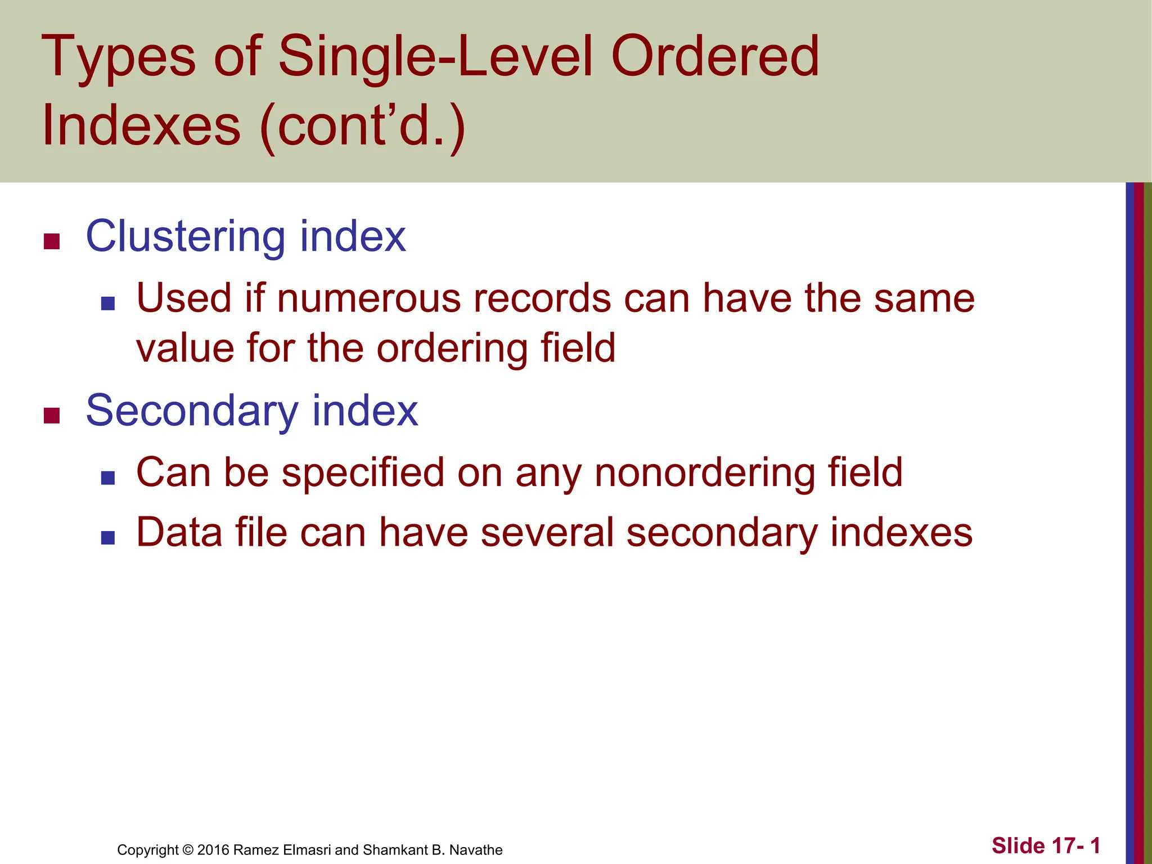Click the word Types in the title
tap(118, 56)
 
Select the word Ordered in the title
tap(714, 56)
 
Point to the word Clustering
tap(185, 236)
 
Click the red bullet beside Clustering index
tap(52, 242)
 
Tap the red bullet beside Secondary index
tap(52, 416)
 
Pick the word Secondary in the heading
tap(191, 411)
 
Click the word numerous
tap(368, 298)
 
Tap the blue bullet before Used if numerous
tap(108, 304)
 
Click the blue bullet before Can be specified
tap(108, 478)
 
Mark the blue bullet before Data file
tap(108, 538)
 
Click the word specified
tap(363, 472)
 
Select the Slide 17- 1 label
tap(1045, 846)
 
